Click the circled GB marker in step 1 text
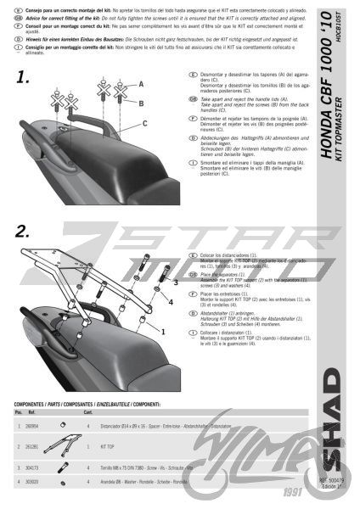184,98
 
